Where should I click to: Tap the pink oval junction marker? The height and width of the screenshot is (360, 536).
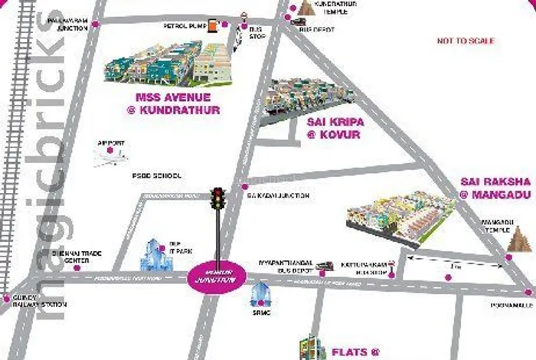coord(217,277)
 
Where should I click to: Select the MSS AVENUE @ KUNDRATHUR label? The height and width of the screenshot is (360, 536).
coord(177,104)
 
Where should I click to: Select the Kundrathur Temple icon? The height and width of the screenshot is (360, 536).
coord(308,8)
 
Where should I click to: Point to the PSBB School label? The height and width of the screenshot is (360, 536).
coord(157,175)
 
